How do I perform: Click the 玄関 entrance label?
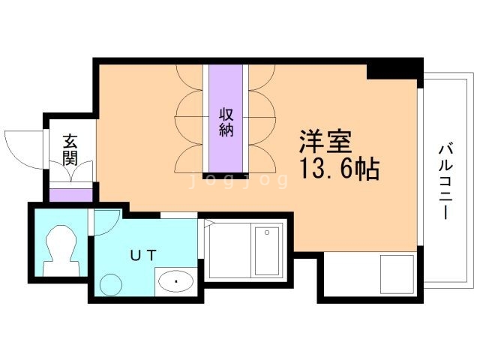pos(70,148)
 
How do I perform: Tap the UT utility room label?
pos(143,254)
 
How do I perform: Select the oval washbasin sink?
pos(176,282)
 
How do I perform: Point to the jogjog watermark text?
pos(238,181)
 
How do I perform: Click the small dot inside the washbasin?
pos(176,282)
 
